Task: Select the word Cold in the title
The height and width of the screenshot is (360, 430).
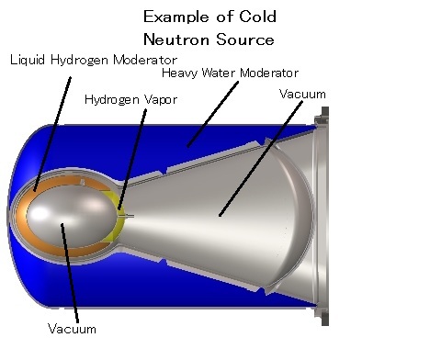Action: (x=258, y=17)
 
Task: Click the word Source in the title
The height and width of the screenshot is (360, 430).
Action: (x=245, y=39)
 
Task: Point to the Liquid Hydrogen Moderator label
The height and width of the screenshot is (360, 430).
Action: (x=94, y=60)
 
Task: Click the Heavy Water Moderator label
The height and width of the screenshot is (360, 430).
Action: (x=230, y=73)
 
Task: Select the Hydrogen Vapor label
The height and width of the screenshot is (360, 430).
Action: (x=130, y=100)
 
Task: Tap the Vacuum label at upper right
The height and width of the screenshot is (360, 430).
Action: (x=302, y=94)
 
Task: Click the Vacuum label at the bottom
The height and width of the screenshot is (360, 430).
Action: (x=72, y=329)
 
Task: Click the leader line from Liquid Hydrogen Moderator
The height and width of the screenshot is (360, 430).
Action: (x=52, y=134)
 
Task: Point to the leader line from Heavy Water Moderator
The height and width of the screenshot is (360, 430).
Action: (x=213, y=114)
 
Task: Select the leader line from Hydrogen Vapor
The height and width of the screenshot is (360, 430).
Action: (x=132, y=160)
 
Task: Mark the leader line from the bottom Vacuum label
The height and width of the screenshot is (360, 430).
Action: (x=70, y=273)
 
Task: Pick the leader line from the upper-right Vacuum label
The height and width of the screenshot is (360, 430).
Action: (x=261, y=159)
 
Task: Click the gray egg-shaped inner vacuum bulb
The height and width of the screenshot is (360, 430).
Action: (x=71, y=216)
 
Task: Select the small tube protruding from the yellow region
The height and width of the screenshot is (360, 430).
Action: (x=126, y=216)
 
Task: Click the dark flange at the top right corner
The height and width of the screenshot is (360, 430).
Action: (x=322, y=117)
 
